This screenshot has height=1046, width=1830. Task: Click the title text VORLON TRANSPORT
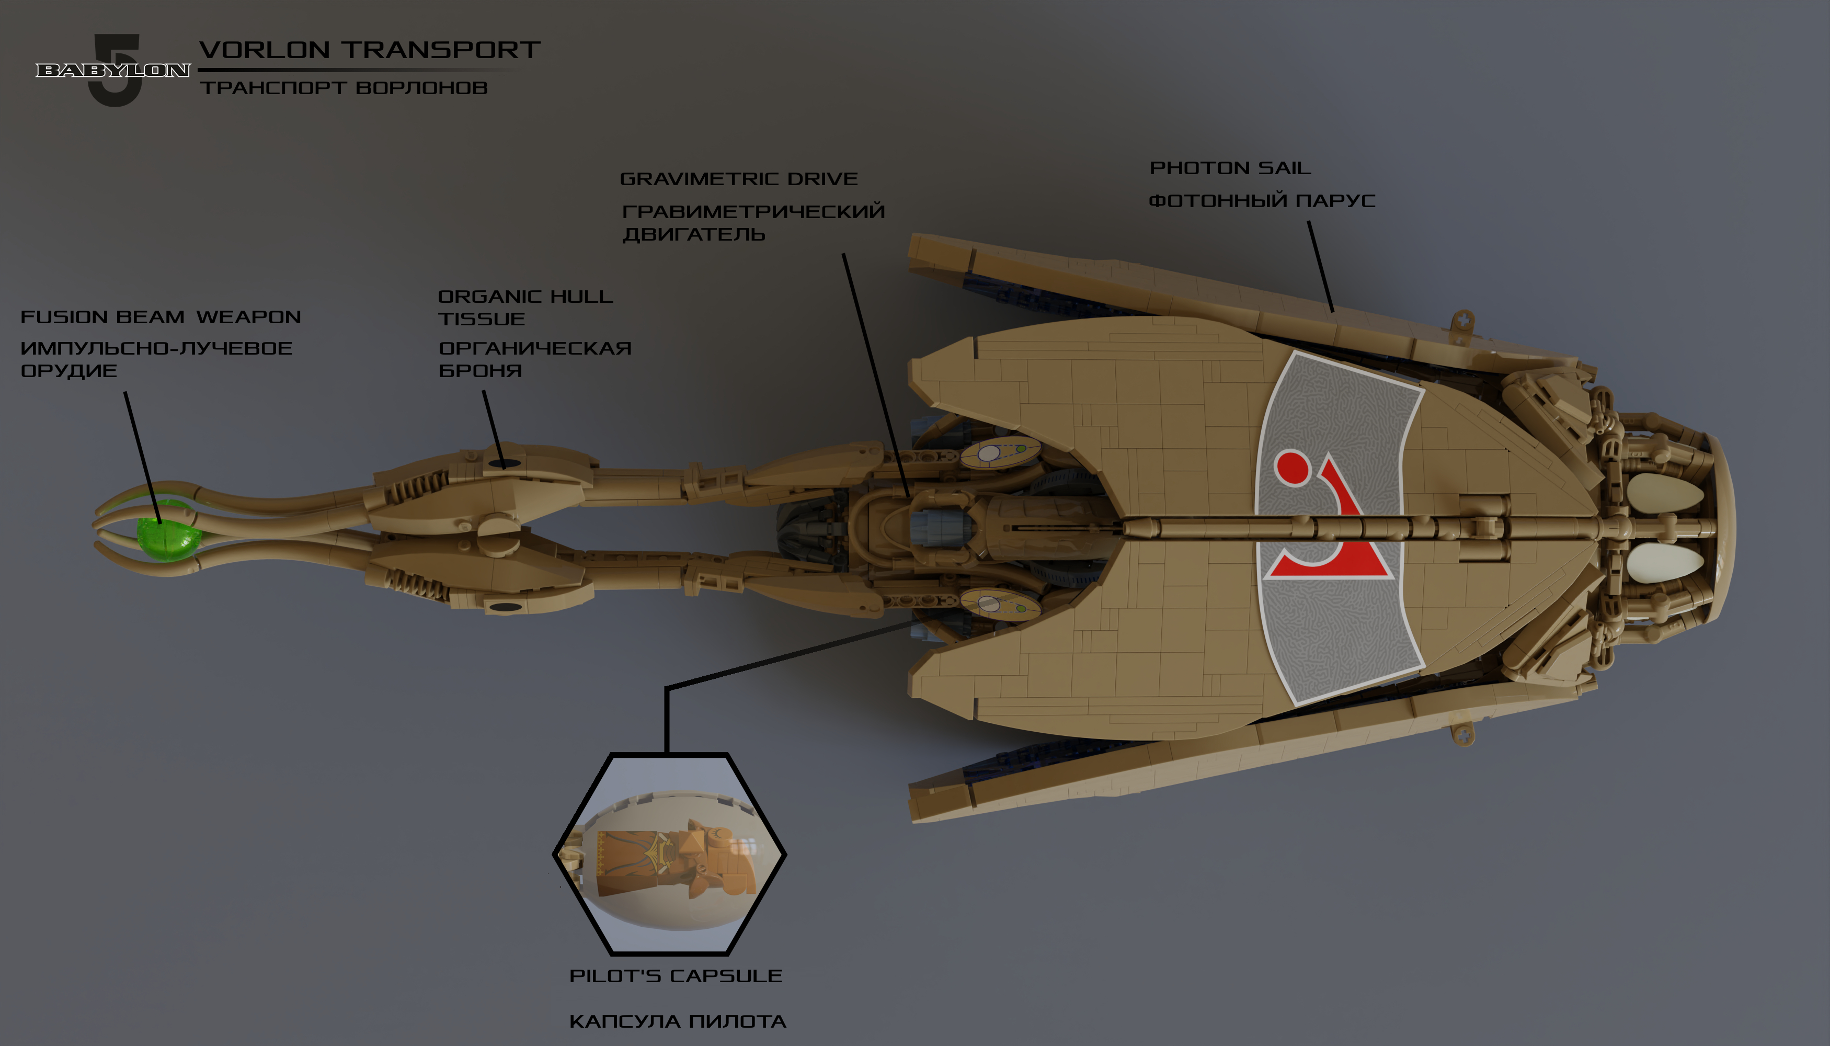tap(370, 50)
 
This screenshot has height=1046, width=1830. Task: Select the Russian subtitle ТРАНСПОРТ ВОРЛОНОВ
tap(344, 88)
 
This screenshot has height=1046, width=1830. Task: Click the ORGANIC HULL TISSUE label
tap(525, 308)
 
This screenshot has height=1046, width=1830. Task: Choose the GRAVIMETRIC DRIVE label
tap(738, 179)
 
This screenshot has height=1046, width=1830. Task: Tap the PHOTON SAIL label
tap(1230, 168)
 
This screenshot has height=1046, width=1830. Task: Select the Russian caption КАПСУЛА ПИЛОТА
tap(677, 1021)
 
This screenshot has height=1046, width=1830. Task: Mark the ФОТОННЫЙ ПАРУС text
tap(1262, 200)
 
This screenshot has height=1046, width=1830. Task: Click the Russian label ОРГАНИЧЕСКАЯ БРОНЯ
tap(535, 359)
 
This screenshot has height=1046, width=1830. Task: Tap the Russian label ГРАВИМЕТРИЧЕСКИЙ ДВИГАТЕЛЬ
tap(753, 223)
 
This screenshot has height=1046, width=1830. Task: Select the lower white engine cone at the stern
tap(1665, 563)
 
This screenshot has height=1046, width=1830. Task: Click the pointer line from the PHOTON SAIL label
tap(1321, 266)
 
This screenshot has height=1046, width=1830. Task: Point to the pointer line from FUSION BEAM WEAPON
tap(142, 456)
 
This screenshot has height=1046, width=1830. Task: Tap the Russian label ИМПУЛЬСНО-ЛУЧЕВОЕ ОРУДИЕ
tap(156, 359)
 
